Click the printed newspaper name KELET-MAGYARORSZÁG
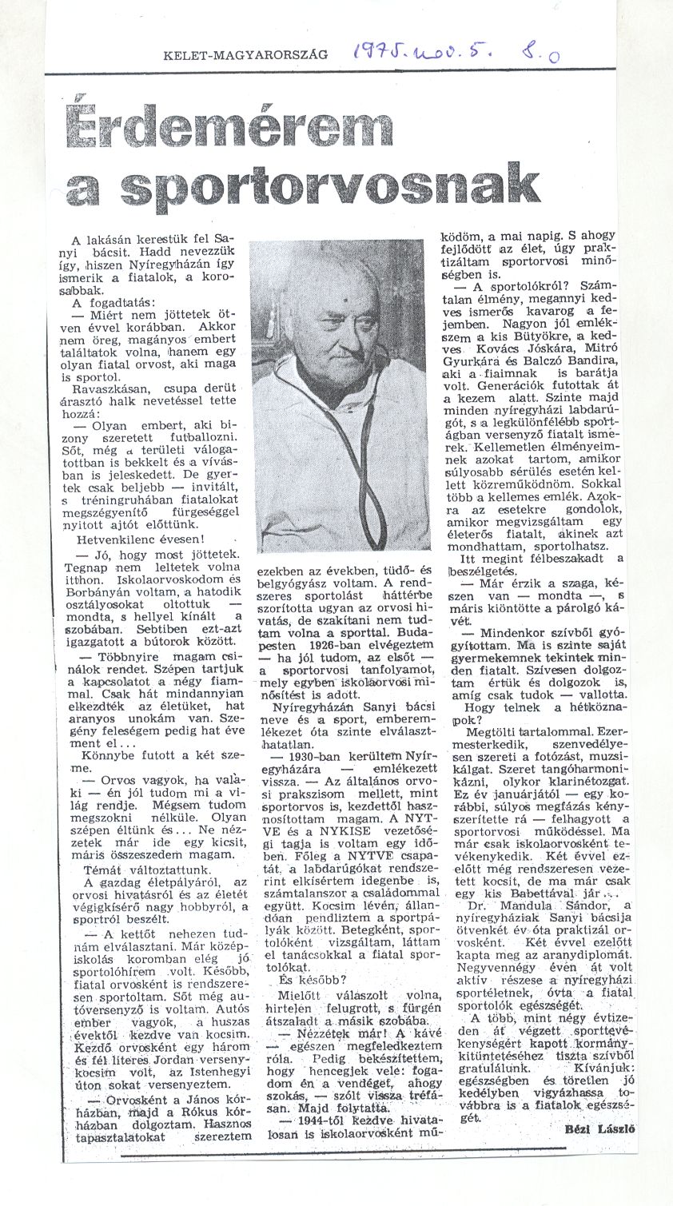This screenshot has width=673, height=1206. [x=245, y=54]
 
